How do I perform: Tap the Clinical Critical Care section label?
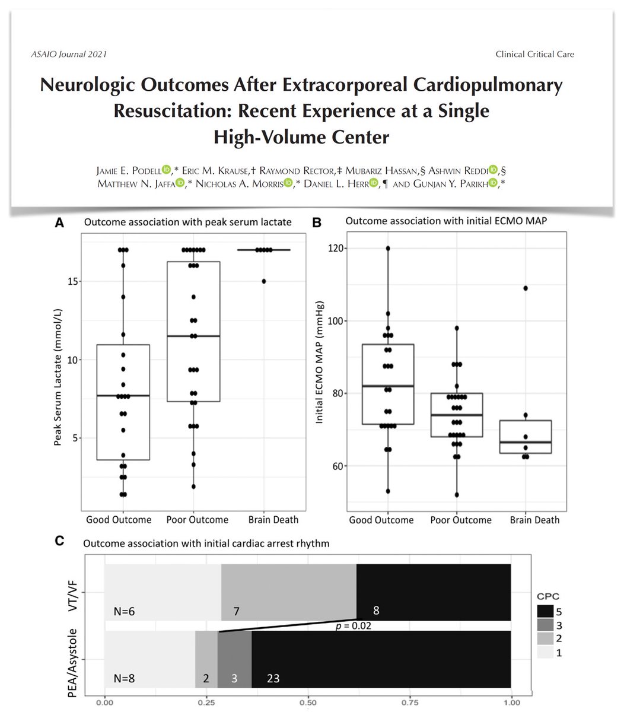[534, 55]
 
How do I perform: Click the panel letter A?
[59, 223]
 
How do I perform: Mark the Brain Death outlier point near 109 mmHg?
[526, 288]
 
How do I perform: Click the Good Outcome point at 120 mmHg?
[387, 249]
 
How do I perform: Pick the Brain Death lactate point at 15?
[264, 281]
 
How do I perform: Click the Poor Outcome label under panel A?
[193, 520]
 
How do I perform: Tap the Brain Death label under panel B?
[535, 520]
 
